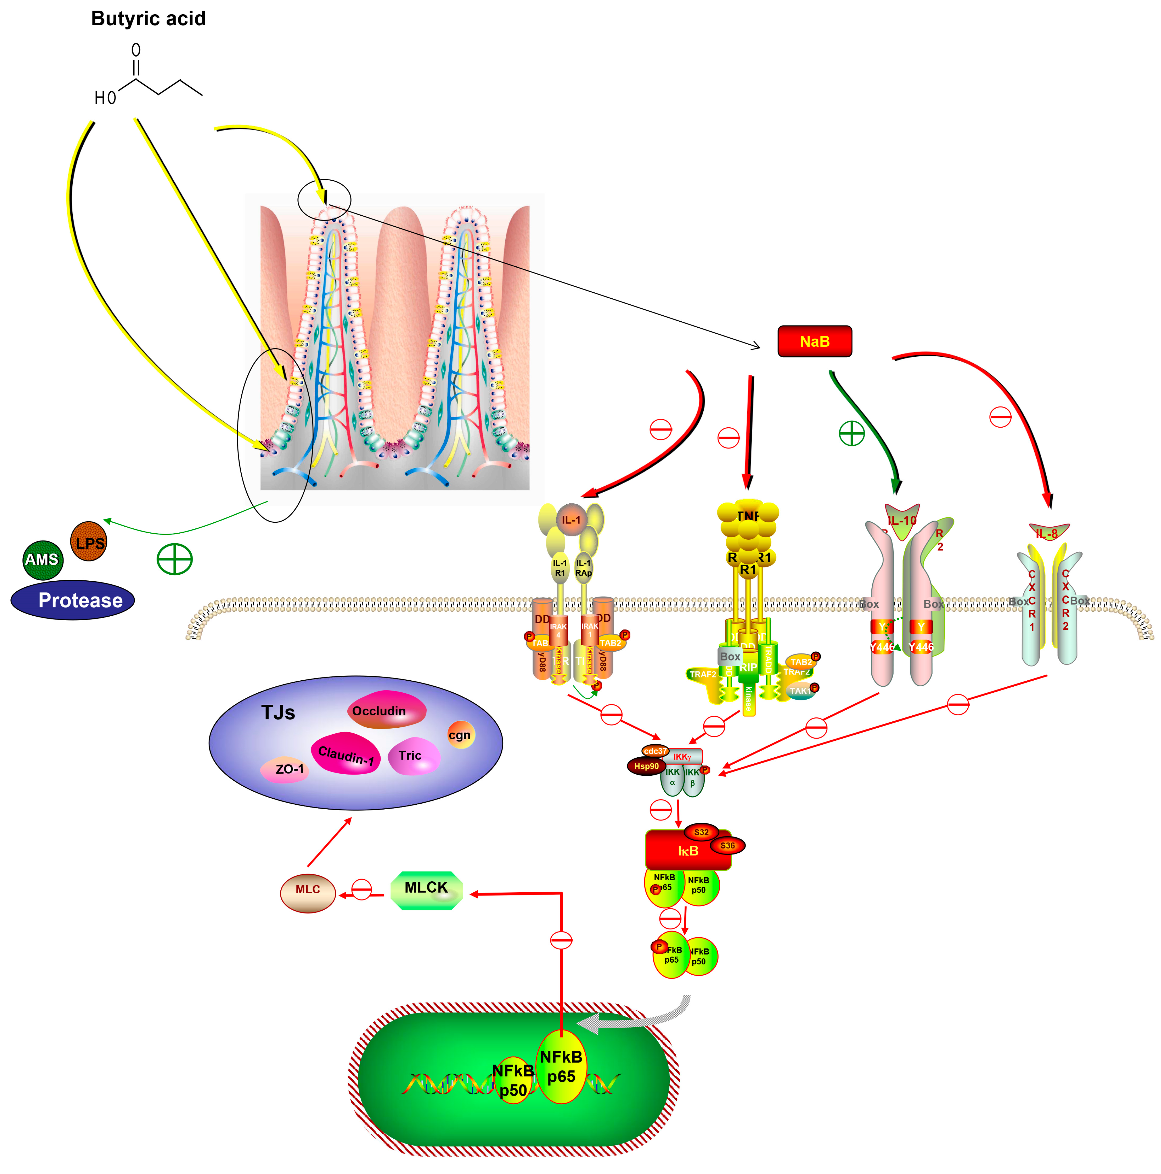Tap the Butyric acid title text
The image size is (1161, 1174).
click(x=148, y=19)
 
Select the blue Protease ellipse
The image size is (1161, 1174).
click(x=73, y=600)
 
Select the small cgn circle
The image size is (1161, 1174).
click(x=460, y=735)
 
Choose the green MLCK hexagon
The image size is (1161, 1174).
click(x=426, y=890)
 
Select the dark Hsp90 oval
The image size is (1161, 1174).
click(x=646, y=766)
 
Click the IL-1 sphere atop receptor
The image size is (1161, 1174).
click(x=571, y=520)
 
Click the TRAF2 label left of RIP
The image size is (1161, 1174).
click(x=702, y=675)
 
